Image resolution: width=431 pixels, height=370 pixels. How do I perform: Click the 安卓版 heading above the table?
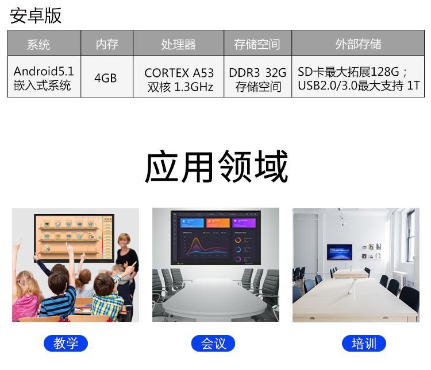pyautogui.click(x=36, y=15)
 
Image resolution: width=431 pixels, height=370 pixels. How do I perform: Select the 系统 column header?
pyautogui.click(x=39, y=44)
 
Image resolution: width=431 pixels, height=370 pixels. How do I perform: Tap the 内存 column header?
pyautogui.click(x=107, y=44)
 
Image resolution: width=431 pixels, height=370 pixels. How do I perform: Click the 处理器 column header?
pyautogui.click(x=178, y=44)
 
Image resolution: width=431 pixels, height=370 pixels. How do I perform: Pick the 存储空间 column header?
pyautogui.click(x=257, y=44)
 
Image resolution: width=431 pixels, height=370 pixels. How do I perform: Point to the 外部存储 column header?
pyautogui.click(x=358, y=44)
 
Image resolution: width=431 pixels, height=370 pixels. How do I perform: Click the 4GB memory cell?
pyautogui.click(x=106, y=78)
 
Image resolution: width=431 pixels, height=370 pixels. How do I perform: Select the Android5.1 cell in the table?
pyautogui.click(x=44, y=78)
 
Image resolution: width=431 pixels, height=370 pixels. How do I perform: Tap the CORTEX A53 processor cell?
pyautogui.click(x=179, y=80)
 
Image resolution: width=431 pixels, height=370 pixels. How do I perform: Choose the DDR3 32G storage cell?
pyautogui.click(x=257, y=80)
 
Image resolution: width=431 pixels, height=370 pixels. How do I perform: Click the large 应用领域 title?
pyautogui.click(x=216, y=166)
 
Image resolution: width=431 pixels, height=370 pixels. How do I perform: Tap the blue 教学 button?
pyautogui.click(x=66, y=343)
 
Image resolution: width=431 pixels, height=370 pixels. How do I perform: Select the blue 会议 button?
pyautogui.click(x=213, y=343)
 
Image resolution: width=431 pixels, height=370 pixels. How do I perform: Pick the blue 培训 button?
pyautogui.click(x=364, y=343)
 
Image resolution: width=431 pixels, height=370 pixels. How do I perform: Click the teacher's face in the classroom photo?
pyautogui.click(x=124, y=241)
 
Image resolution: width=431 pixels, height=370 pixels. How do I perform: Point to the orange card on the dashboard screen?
pyautogui.click(x=218, y=223)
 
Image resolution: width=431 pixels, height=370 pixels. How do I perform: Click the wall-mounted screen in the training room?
pyautogui.click(x=340, y=252)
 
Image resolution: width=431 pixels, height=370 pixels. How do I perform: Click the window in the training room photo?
pyautogui.click(x=411, y=236)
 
